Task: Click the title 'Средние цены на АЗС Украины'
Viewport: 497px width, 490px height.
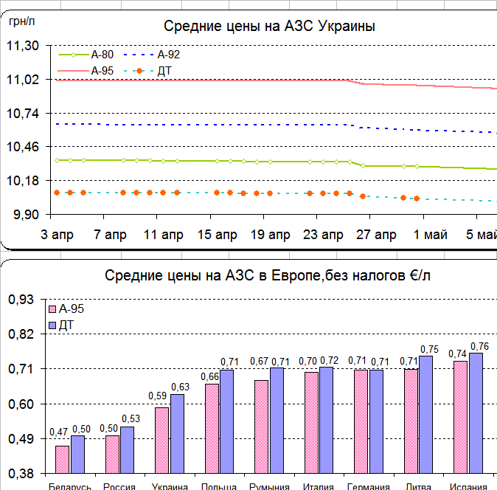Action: pyautogui.click(x=269, y=27)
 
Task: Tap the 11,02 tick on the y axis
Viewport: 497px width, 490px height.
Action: pyautogui.click(x=22, y=80)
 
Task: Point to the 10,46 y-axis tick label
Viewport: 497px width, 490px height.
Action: pyautogui.click(x=22, y=148)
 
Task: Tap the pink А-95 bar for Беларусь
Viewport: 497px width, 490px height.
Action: pyautogui.click(x=62, y=459)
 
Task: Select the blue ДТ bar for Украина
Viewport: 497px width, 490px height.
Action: pyautogui.click(x=177, y=433)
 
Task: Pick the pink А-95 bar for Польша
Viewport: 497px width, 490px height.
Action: pyautogui.click(x=212, y=428)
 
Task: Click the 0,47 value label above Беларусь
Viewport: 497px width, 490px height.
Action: pyautogui.click(x=59, y=432)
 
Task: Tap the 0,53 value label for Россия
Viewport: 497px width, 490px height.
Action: pyautogui.click(x=131, y=420)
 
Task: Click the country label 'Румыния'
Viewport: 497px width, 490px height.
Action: pyautogui.click(x=268, y=486)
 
